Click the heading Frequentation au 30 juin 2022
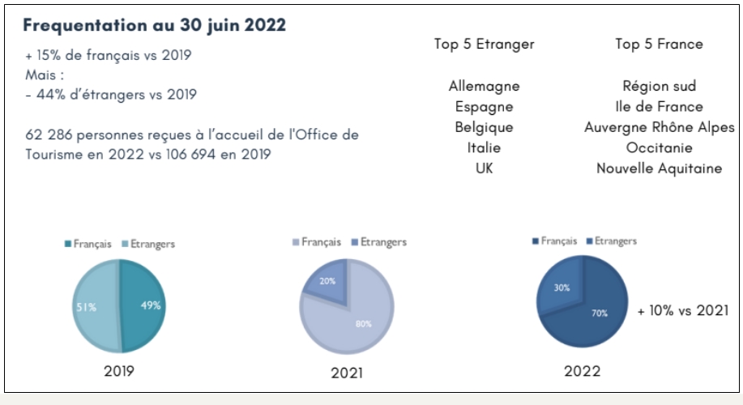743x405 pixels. tap(154, 25)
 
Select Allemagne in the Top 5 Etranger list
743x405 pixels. tap(484, 86)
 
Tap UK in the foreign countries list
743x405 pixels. tap(484, 168)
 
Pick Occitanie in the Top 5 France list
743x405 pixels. tap(659, 148)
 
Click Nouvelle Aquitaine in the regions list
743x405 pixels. tap(659, 168)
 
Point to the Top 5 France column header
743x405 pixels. tap(659, 45)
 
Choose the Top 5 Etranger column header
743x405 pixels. tap(484, 45)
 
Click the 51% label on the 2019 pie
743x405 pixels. tap(88, 307)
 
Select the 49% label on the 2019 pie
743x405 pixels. tap(151, 305)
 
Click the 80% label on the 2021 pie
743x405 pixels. tap(363, 323)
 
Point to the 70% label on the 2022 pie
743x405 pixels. tap(600, 313)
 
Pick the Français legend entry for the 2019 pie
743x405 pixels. tap(87, 243)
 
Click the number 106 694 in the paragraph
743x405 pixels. tap(200, 154)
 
